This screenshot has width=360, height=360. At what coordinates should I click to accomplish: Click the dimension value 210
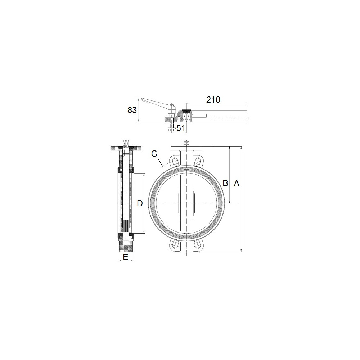[213, 100]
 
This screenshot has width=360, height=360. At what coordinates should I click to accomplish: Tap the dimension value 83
[132, 110]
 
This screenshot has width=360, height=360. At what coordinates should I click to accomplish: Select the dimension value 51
[181, 128]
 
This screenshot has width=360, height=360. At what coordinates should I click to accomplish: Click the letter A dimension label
[237, 183]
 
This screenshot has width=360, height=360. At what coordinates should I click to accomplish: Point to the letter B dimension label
[225, 183]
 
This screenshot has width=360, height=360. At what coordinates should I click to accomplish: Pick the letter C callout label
[154, 154]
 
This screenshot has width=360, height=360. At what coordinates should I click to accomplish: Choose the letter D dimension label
[140, 203]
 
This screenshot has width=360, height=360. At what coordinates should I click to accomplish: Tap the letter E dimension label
[126, 257]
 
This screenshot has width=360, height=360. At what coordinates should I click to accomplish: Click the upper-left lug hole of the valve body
[175, 162]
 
